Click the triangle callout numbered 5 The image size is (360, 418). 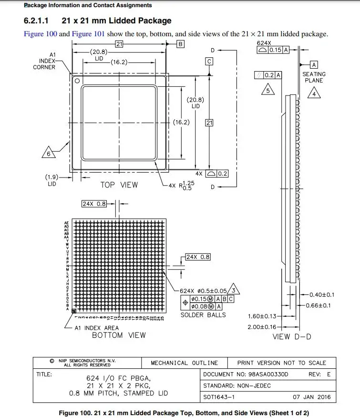[268, 90]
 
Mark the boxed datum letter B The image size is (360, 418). [180, 44]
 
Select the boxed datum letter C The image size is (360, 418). [209, 61]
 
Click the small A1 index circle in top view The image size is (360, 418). [76, 79]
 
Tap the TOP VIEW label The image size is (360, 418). [119, 185]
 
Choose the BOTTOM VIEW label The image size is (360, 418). [119, 335]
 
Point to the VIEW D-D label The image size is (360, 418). [292, 337]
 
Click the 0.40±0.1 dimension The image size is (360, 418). [322, 295]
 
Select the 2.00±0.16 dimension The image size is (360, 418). [262, 327]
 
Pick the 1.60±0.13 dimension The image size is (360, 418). [262, 316]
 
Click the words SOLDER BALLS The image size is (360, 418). [203, 315]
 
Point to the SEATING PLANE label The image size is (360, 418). [314, 77]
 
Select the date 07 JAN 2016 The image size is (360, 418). [311, 397]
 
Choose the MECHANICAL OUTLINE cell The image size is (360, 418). [184, 363]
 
